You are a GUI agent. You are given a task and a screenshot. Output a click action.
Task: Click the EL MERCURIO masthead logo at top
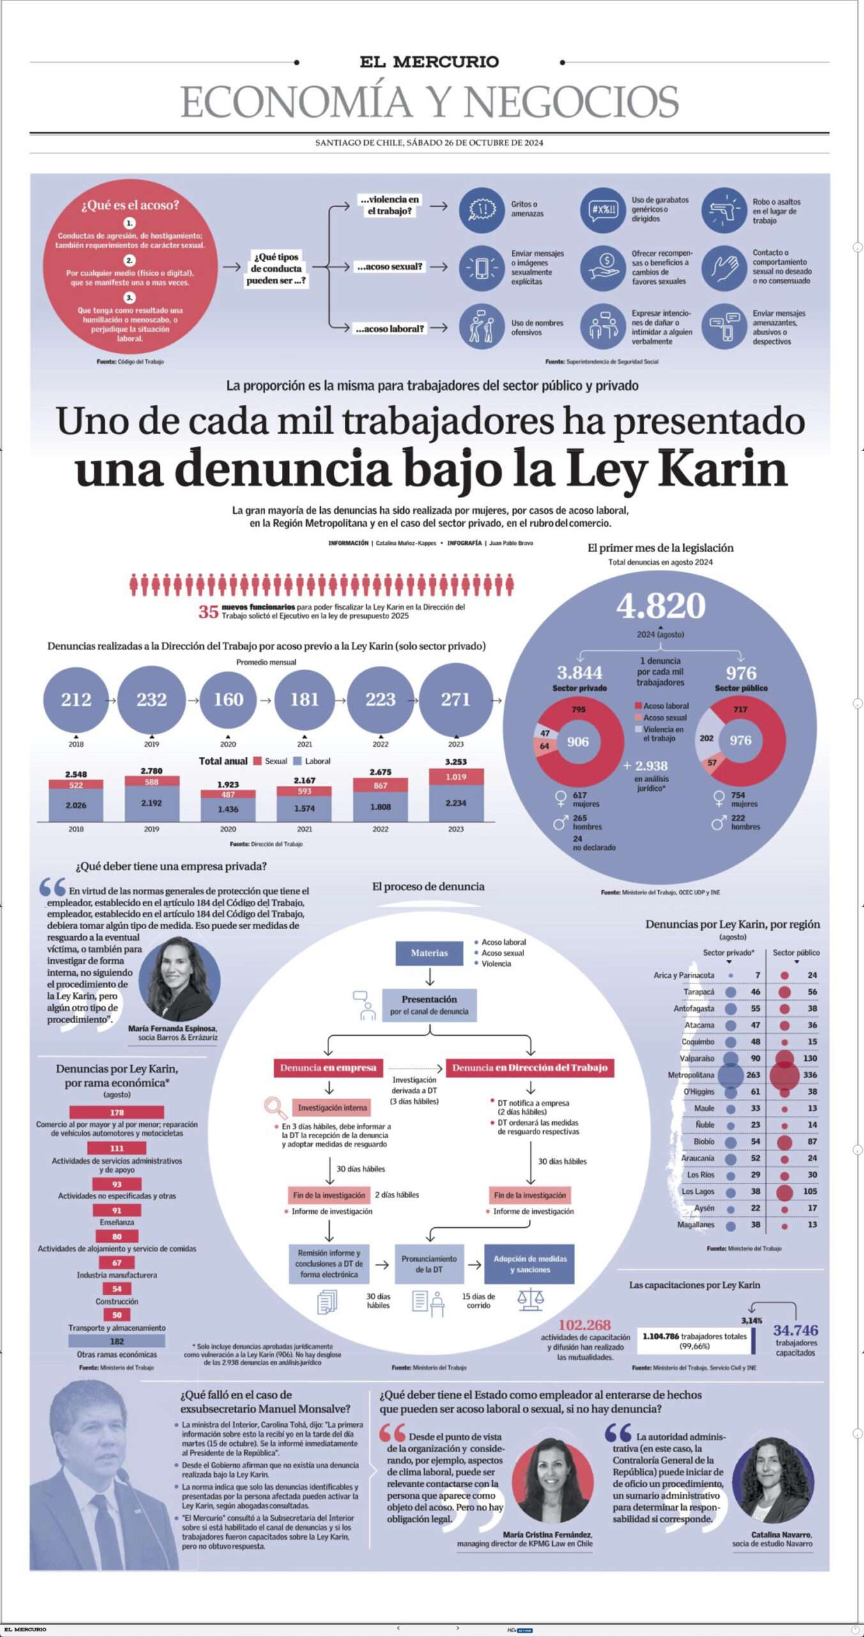tap(429, 62)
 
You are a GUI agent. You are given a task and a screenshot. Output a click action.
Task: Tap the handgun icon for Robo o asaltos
tap(724, 210)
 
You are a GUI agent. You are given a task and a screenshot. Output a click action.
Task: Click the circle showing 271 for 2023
tap(456, 700)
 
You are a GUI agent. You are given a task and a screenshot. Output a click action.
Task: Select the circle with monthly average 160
tap(228, 700)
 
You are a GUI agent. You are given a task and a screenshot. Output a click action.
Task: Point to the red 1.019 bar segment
tap(456, 777)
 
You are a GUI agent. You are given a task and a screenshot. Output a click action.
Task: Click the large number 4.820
tap(661, 606)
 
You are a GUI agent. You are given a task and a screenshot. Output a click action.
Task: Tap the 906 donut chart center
tap(578, 742)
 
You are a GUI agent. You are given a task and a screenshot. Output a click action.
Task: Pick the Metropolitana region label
tap(691, 1075)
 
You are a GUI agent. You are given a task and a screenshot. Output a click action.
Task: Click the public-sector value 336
tap(810, 1075)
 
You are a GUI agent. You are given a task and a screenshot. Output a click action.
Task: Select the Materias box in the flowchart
tap(429, 953)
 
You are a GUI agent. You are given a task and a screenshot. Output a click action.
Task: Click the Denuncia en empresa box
tap(328, 1067)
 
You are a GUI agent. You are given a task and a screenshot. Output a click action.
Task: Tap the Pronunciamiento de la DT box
tap(429, 1264)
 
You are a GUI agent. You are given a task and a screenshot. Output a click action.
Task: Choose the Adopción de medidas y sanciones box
tap(529, 1264)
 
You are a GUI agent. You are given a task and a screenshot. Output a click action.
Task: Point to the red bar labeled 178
tap(117, 1113)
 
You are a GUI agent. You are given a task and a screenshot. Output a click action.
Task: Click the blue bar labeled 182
tap(117, 1341)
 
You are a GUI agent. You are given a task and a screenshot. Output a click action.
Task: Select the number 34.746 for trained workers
tap(795, 1329)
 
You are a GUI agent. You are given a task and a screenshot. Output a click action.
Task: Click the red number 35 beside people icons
tap(208, 612)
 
